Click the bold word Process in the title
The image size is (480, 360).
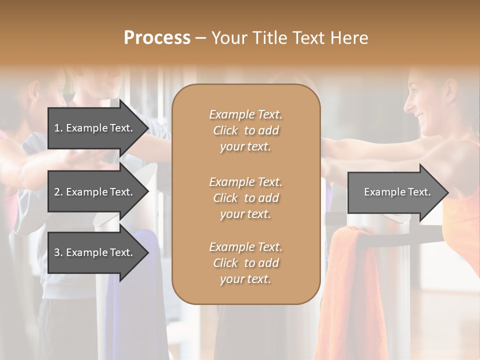(157, 38)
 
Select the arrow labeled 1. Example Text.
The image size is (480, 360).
(95, 128)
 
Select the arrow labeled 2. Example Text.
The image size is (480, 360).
(95, 192)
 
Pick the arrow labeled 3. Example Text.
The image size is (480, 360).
(95, 252)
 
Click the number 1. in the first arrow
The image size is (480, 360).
(59, 128)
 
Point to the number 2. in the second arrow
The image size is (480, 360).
(59, 192)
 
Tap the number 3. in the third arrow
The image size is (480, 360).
(59, 252)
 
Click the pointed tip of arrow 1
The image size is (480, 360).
(146, 128)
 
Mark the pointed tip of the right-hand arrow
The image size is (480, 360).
(446, 192)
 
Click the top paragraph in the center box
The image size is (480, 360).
(245, 130)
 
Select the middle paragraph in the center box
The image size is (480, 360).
(245, 198)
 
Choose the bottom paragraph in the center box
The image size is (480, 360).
(245, 263)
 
